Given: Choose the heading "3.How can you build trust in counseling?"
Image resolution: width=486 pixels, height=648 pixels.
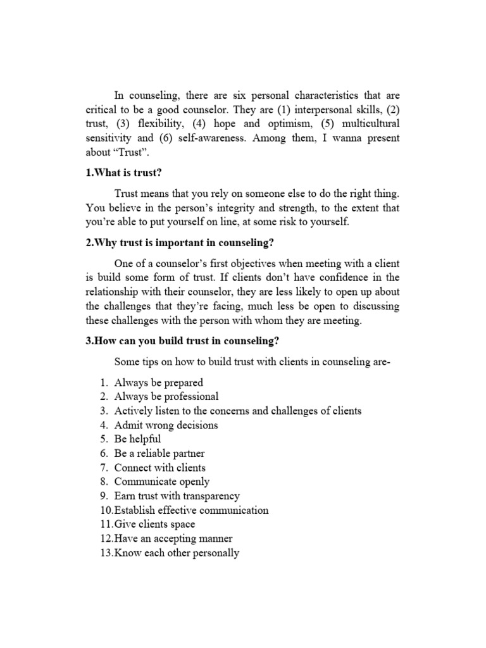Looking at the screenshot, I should point(183,340).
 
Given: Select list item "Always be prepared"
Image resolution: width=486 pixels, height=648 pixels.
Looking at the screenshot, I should point(158,382).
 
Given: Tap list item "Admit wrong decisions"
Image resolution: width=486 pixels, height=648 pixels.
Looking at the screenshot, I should point(166,425).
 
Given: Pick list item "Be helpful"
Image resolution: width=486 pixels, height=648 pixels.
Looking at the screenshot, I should point(137,439).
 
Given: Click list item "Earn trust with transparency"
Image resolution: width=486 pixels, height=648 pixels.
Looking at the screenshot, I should point(177,496).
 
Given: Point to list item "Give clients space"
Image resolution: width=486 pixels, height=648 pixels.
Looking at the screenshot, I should point(154,525).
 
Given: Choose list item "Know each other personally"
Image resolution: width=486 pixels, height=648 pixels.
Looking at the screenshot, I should point(177,553).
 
